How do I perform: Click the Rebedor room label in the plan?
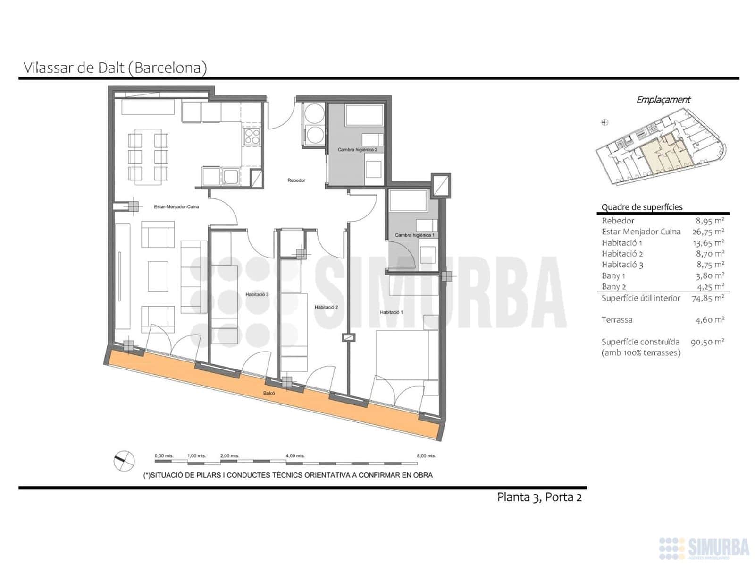296,180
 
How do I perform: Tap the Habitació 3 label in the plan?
257,294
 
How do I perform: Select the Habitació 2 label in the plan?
326,307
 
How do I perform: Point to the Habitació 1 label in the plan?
391,312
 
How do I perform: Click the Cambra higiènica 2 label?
357,150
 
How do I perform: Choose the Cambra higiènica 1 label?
414,235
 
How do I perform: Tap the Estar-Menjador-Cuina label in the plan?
176,207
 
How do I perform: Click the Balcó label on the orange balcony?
269,393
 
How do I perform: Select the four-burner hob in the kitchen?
252,137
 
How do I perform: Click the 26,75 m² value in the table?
708,232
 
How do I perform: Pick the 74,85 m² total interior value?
708,298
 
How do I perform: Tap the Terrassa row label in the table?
617,320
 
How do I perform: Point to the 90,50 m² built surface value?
707,342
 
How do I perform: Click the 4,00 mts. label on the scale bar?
295,456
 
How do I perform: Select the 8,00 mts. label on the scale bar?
426,456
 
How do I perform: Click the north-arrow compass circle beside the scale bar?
124,460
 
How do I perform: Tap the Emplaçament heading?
663,100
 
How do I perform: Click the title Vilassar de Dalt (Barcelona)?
115,68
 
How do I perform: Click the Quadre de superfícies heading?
642,207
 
